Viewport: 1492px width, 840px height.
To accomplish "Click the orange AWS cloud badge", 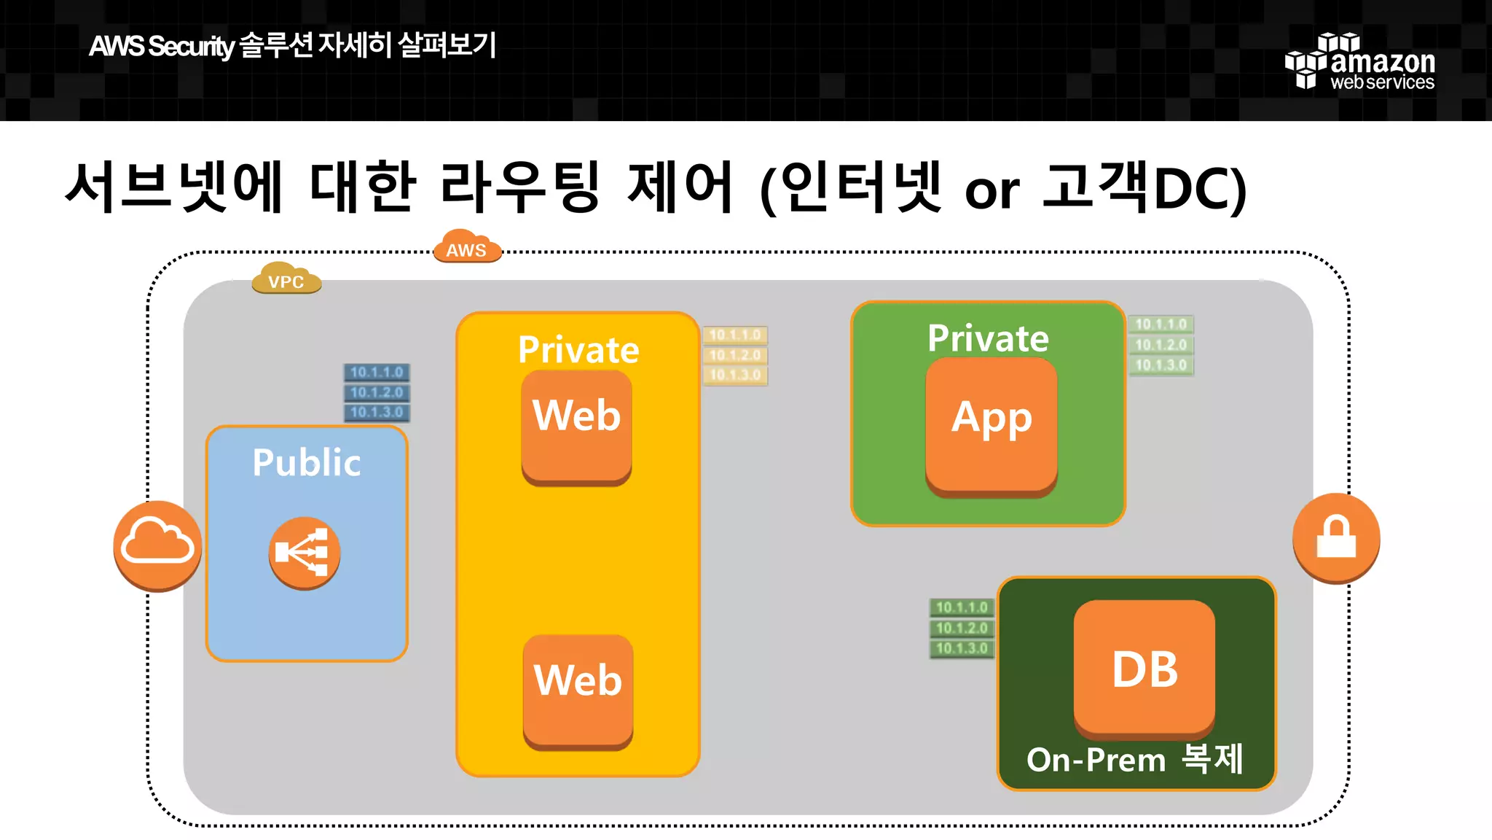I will point(466,248).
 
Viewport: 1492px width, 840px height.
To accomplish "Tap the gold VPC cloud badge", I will point(286,279).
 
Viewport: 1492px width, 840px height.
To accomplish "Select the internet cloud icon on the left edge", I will point(157,545).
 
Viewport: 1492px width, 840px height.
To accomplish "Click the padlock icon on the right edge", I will point(1336,537).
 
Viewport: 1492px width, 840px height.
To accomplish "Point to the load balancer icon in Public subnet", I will point(305,552).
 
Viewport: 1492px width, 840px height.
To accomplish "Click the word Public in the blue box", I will point(307,462).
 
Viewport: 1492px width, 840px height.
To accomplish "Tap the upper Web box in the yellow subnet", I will point(576,426).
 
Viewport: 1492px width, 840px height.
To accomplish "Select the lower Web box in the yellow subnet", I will point(578,690).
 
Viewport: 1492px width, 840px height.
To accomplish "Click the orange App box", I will point(992,426).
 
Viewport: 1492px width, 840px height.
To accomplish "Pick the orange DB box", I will point(1144,668).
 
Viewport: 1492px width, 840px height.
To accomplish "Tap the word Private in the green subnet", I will point(988,338).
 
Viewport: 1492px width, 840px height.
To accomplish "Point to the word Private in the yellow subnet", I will point(578,350).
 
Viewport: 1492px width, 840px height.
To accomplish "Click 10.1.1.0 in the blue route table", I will point(377,373).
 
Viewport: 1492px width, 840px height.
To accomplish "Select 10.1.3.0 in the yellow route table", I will point(735,376).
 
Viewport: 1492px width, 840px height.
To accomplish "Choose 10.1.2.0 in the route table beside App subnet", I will point(1161,345).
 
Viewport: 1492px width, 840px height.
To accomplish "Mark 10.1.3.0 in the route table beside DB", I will point(962,648).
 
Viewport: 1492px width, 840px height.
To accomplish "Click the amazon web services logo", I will point(1361,62).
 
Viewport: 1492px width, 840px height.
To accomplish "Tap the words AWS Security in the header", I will point(161,47).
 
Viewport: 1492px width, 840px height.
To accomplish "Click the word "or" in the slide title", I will point(992,191).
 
